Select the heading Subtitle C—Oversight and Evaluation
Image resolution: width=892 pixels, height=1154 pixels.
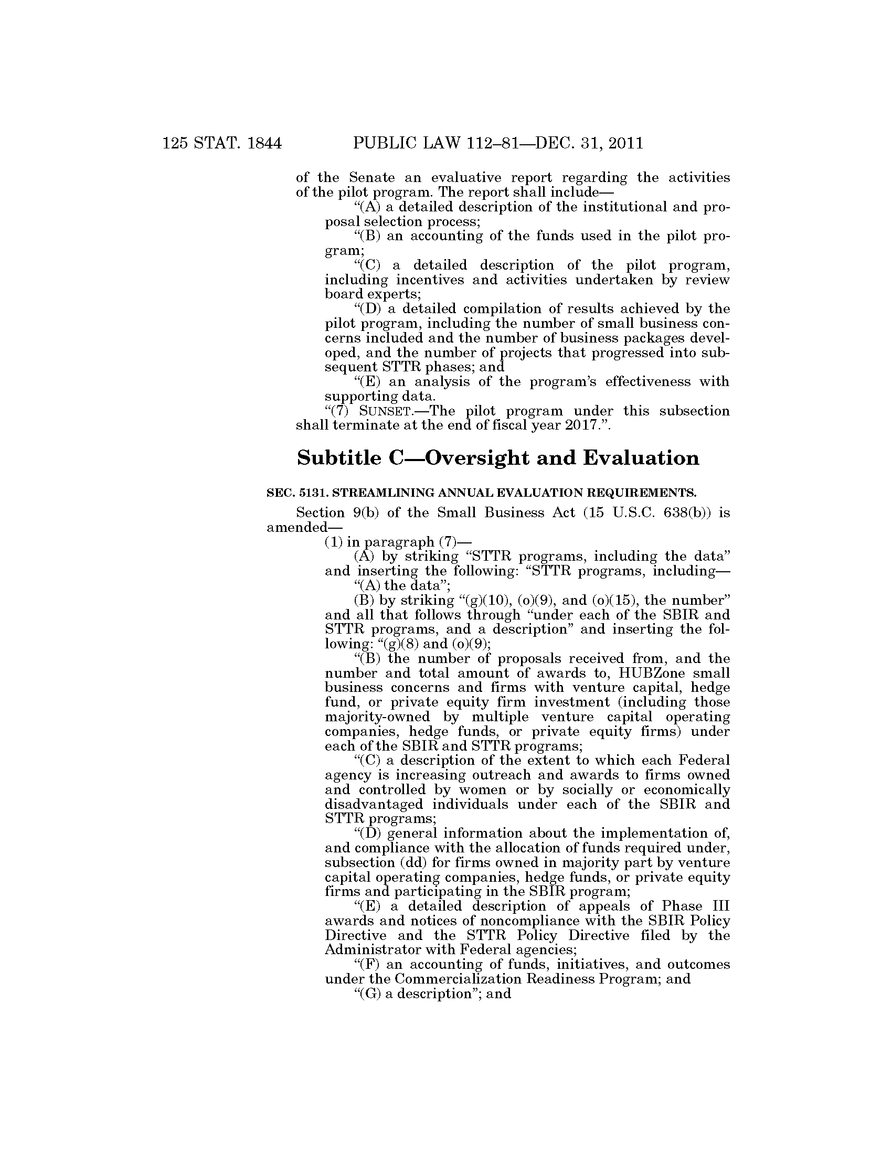tap(498, 457)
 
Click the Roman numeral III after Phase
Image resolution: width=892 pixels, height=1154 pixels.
tap(719, 906)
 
